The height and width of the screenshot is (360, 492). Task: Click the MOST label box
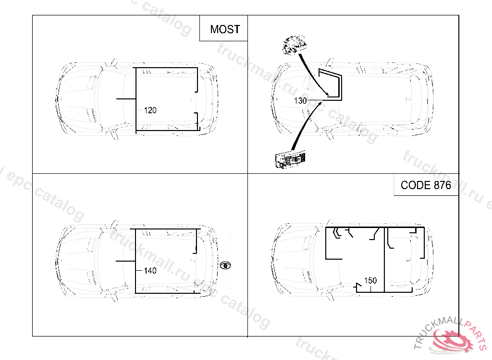pos(224,29)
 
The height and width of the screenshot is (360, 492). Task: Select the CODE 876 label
pos(426,185)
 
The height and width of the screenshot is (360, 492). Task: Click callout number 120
pos(150,110)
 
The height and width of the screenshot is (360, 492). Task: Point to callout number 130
pos(300,101)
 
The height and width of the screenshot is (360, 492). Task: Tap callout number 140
pos(150,271)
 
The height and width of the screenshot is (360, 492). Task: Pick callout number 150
pos(370,280)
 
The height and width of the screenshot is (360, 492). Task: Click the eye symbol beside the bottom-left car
pos(226,265)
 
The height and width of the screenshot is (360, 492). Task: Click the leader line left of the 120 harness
pos(126,98)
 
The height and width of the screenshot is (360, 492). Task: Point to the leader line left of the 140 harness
pos(126,261)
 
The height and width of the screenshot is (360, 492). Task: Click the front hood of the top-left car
pos(77,98)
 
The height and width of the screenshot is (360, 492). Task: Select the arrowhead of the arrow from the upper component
pos(327,95)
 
